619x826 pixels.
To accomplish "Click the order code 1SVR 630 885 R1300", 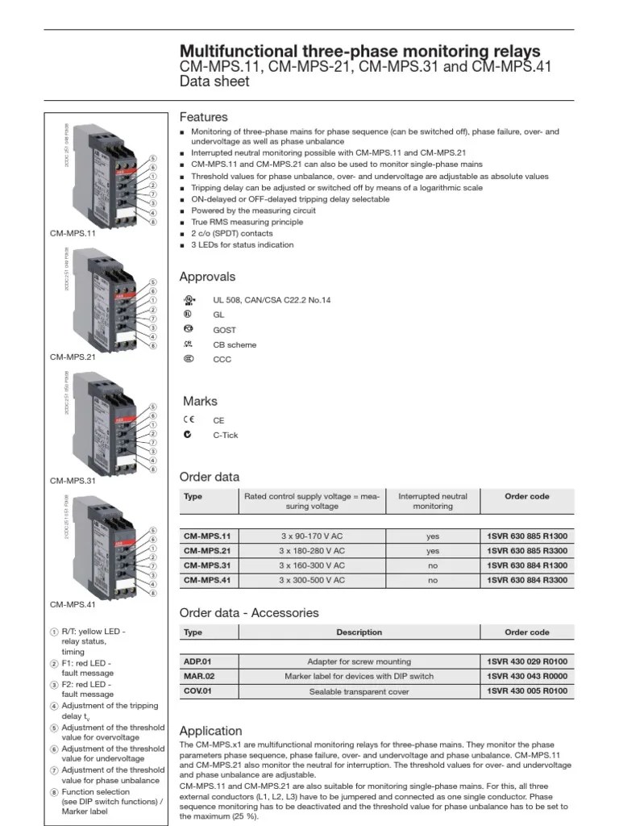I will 527,536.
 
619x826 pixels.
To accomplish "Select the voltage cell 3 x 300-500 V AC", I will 312,580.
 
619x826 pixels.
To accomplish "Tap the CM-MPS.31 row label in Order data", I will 206,565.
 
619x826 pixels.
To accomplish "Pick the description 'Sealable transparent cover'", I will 359,691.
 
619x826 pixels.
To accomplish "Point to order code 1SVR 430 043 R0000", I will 527,677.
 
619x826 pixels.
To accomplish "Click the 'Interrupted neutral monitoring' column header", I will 433,501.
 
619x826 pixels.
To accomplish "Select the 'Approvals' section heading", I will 207,277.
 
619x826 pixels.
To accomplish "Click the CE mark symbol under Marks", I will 189,420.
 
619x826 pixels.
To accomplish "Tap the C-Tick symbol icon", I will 188,435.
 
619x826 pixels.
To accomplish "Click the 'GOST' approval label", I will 224,330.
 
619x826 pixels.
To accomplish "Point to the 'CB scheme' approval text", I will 235,344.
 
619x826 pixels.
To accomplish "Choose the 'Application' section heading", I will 210,731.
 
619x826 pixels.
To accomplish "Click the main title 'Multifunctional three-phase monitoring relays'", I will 359,51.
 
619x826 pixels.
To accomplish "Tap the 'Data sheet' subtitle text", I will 214,81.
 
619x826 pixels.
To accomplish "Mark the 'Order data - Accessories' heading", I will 248,612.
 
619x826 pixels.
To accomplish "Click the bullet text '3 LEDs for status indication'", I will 242,244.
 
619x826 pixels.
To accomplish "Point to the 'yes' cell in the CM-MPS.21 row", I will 433,551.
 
